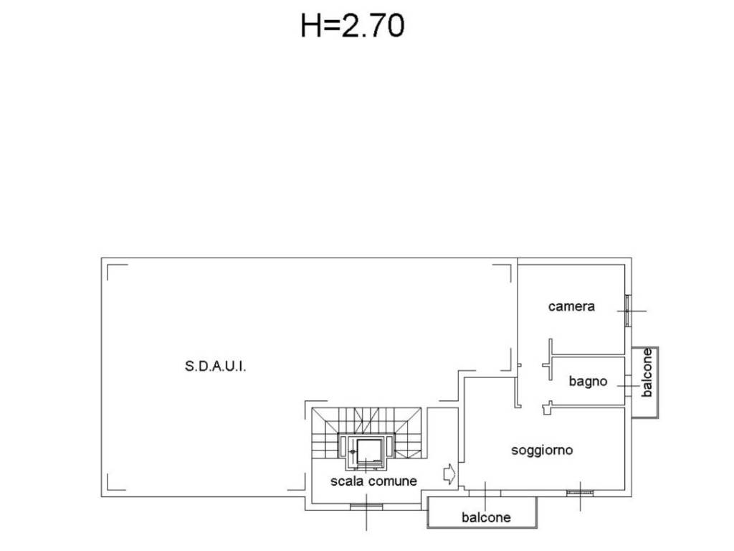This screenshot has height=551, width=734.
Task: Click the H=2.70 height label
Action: pyautogui.click(x=353, y=26)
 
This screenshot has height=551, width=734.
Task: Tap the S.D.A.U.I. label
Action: pyautogui.click(x=215, y=366)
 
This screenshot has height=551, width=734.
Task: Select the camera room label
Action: pyautogui.click(x=571, y=306)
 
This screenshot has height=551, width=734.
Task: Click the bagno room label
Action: pyautogui.click(x=588, y=382)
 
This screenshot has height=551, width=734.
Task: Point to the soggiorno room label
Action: pyautogui.click(x=542, y=451)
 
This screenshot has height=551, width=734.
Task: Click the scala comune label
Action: pyautogui.click(x=373, y=481)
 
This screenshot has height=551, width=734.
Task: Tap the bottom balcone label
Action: pyautogui.click(x=486, y=517)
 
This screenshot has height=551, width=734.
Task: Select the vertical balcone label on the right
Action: pyautogui.click(x=647, y=373)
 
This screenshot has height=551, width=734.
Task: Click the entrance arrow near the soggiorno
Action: pyautogui.click(x=449, y=474)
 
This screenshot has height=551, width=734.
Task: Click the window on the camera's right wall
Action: pyautogui.click(x=628, y=311)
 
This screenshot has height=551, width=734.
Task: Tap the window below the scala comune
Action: pyautogui.click(x=366, y=506)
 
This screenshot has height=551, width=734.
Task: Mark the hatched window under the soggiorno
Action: pyautogui.click(x=580, y=492)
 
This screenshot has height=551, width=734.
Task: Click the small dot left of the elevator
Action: pyautogui.click(x=353, y=452)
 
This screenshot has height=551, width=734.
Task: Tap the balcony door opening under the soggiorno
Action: pyautogui.click(x=485, y=493)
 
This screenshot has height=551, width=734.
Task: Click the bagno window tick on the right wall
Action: pyautogui.click(x=628, y=386)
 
